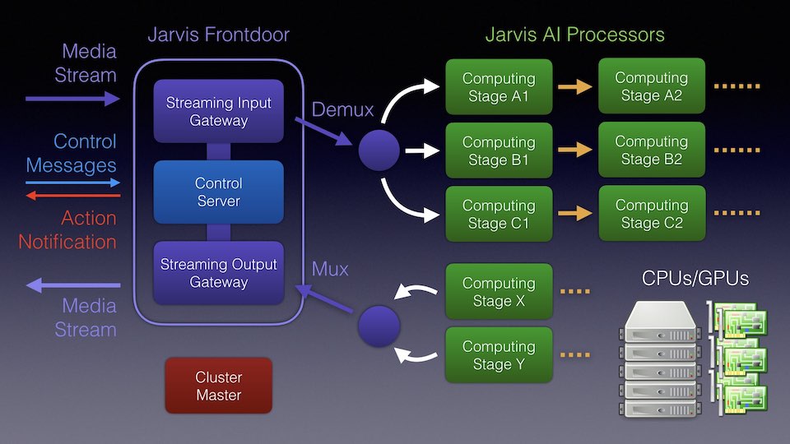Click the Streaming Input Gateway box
218,112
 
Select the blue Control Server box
218,192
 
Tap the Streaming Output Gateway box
218,273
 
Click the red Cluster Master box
218,386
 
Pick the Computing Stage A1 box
499,87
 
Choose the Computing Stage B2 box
651,150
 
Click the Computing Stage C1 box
499,214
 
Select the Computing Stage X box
499,292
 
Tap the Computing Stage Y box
499,355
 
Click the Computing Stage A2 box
651,87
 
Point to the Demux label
342,110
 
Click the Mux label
330,269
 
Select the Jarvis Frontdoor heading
218,35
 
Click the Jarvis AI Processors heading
574,35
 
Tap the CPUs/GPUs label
695,279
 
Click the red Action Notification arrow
72,196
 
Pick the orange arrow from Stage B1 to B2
574,150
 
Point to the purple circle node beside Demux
379,150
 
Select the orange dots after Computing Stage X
576,292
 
